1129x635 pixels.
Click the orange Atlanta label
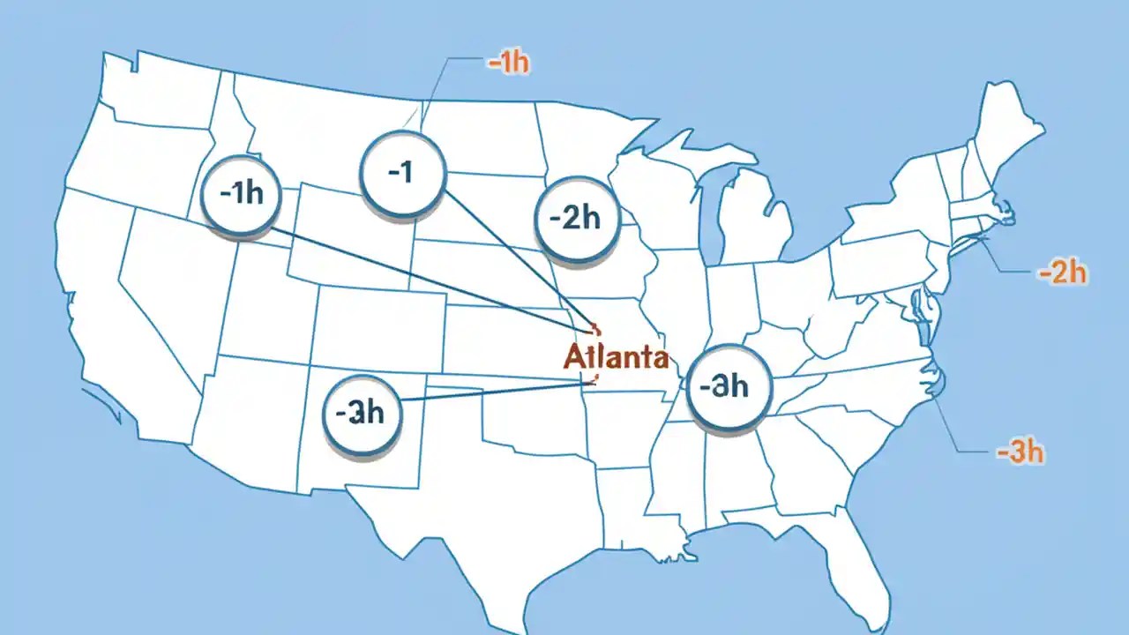coord(615,358)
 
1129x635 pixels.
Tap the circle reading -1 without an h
coord(401,173)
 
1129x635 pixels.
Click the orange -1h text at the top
coord(508,64)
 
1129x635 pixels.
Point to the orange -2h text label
coord(1063,273)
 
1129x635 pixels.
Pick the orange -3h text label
coord(1021,453)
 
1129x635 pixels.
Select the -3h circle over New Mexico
coord(361,413)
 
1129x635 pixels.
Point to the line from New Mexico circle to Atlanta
coord(494,390)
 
